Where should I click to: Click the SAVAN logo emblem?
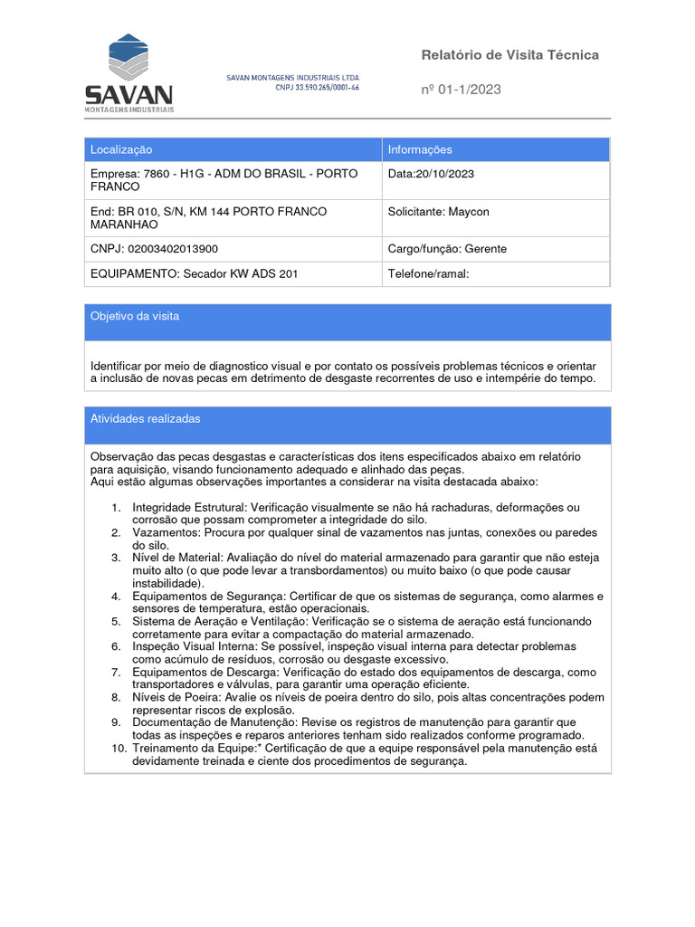coord(128,57)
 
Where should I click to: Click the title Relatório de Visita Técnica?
coord(509,55)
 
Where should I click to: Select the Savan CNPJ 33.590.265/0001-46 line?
coord(318,88)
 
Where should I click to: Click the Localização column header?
coord(121,149)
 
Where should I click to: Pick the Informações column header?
coord(420,149)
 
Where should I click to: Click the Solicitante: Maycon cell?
coord(438,212)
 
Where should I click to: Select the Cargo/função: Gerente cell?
coord(447,249)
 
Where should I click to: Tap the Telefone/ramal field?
coord(428,273)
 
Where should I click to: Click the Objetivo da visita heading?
coord(135,316)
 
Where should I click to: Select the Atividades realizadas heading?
coord(145,419)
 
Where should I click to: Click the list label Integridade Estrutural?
coord(188,508)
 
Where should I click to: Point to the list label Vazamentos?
coord(165,533)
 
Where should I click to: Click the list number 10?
coord(119,749)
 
